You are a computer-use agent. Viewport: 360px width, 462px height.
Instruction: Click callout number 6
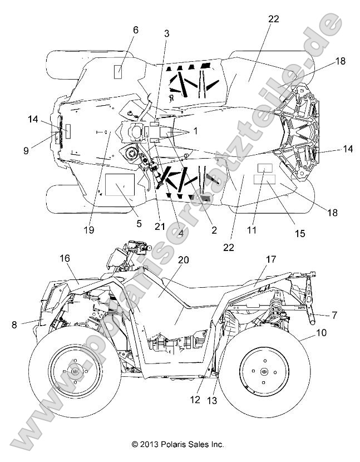135,30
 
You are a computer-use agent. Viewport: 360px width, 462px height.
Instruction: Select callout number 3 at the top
166,33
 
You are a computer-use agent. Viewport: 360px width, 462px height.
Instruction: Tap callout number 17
271,259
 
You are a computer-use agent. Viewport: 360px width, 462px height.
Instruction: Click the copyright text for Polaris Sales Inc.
178,445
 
